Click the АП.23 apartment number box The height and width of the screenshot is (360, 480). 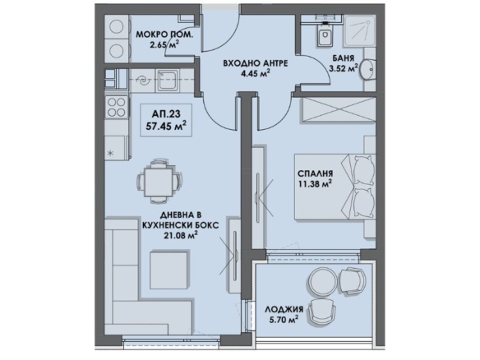166,120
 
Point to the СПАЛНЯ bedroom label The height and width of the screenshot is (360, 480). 315,173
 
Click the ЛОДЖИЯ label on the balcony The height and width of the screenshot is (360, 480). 284,309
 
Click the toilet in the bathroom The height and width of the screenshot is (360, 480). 324,35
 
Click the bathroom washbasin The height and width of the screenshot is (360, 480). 367,69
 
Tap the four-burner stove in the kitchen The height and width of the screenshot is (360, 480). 117,107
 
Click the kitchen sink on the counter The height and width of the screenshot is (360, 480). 167,81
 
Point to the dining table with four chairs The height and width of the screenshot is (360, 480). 159,182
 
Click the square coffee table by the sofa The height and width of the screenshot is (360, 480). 168,270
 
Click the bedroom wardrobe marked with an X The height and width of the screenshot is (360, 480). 339,108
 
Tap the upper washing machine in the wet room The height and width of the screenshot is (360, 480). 117,27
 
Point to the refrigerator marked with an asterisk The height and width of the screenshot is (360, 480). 115,148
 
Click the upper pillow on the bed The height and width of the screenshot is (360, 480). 364,170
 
